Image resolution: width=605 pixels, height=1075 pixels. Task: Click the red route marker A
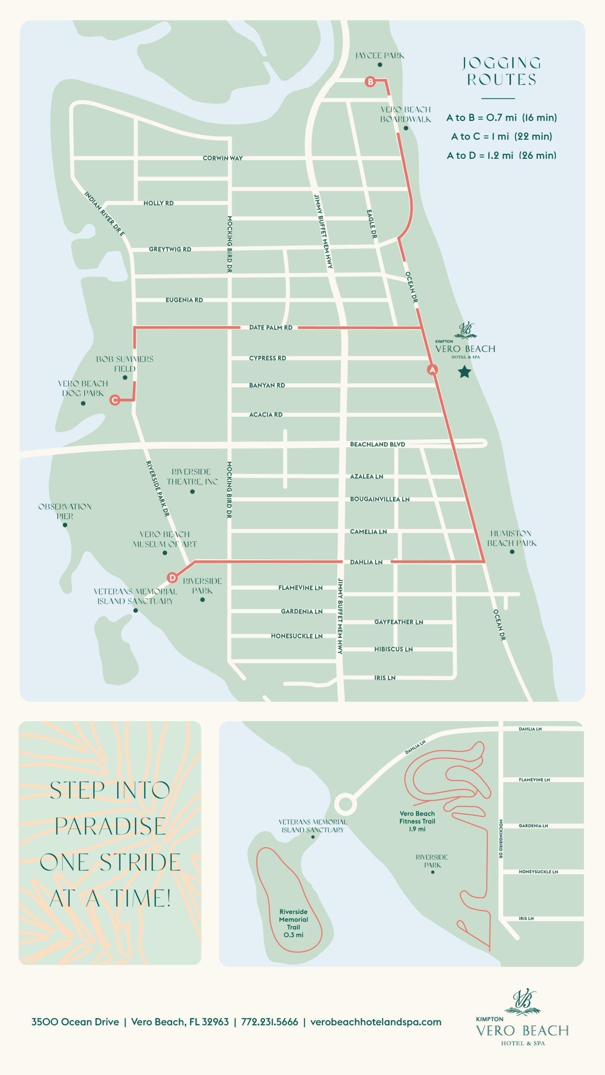click(432, 370)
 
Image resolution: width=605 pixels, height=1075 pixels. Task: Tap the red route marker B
click(370, 81)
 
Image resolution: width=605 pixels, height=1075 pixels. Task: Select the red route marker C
click(114, 400)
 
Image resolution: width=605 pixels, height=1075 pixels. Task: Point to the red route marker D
click(172, 578)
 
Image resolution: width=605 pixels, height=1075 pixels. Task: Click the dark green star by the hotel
click(464, 372)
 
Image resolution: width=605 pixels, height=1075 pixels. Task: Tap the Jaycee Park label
click(379, 55)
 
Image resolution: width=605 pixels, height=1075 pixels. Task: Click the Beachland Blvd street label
click(377, 444)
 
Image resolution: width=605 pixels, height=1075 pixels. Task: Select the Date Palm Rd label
click(271, 328)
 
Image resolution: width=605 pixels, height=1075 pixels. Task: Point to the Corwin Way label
click(223, 158)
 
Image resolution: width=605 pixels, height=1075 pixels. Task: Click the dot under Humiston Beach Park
click(512, 552)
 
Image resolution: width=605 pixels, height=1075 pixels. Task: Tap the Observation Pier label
click(65, 511)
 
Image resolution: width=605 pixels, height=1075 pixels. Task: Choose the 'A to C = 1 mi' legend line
click(501, 136)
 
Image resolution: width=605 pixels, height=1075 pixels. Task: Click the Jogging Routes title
click(501, 71)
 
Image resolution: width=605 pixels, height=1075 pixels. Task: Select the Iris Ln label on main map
click(384, 678)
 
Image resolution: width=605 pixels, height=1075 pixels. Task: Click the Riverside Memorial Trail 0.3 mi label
click(293, 923)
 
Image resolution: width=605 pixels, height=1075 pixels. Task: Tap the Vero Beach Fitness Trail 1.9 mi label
click(417, 821)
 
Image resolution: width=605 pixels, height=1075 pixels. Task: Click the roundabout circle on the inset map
click(345, 804)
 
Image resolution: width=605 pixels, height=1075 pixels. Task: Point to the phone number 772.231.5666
click(269, 1022)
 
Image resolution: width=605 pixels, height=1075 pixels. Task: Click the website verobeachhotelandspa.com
click(376, 1022)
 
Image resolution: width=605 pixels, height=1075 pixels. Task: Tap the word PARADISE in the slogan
click(110, 826)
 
